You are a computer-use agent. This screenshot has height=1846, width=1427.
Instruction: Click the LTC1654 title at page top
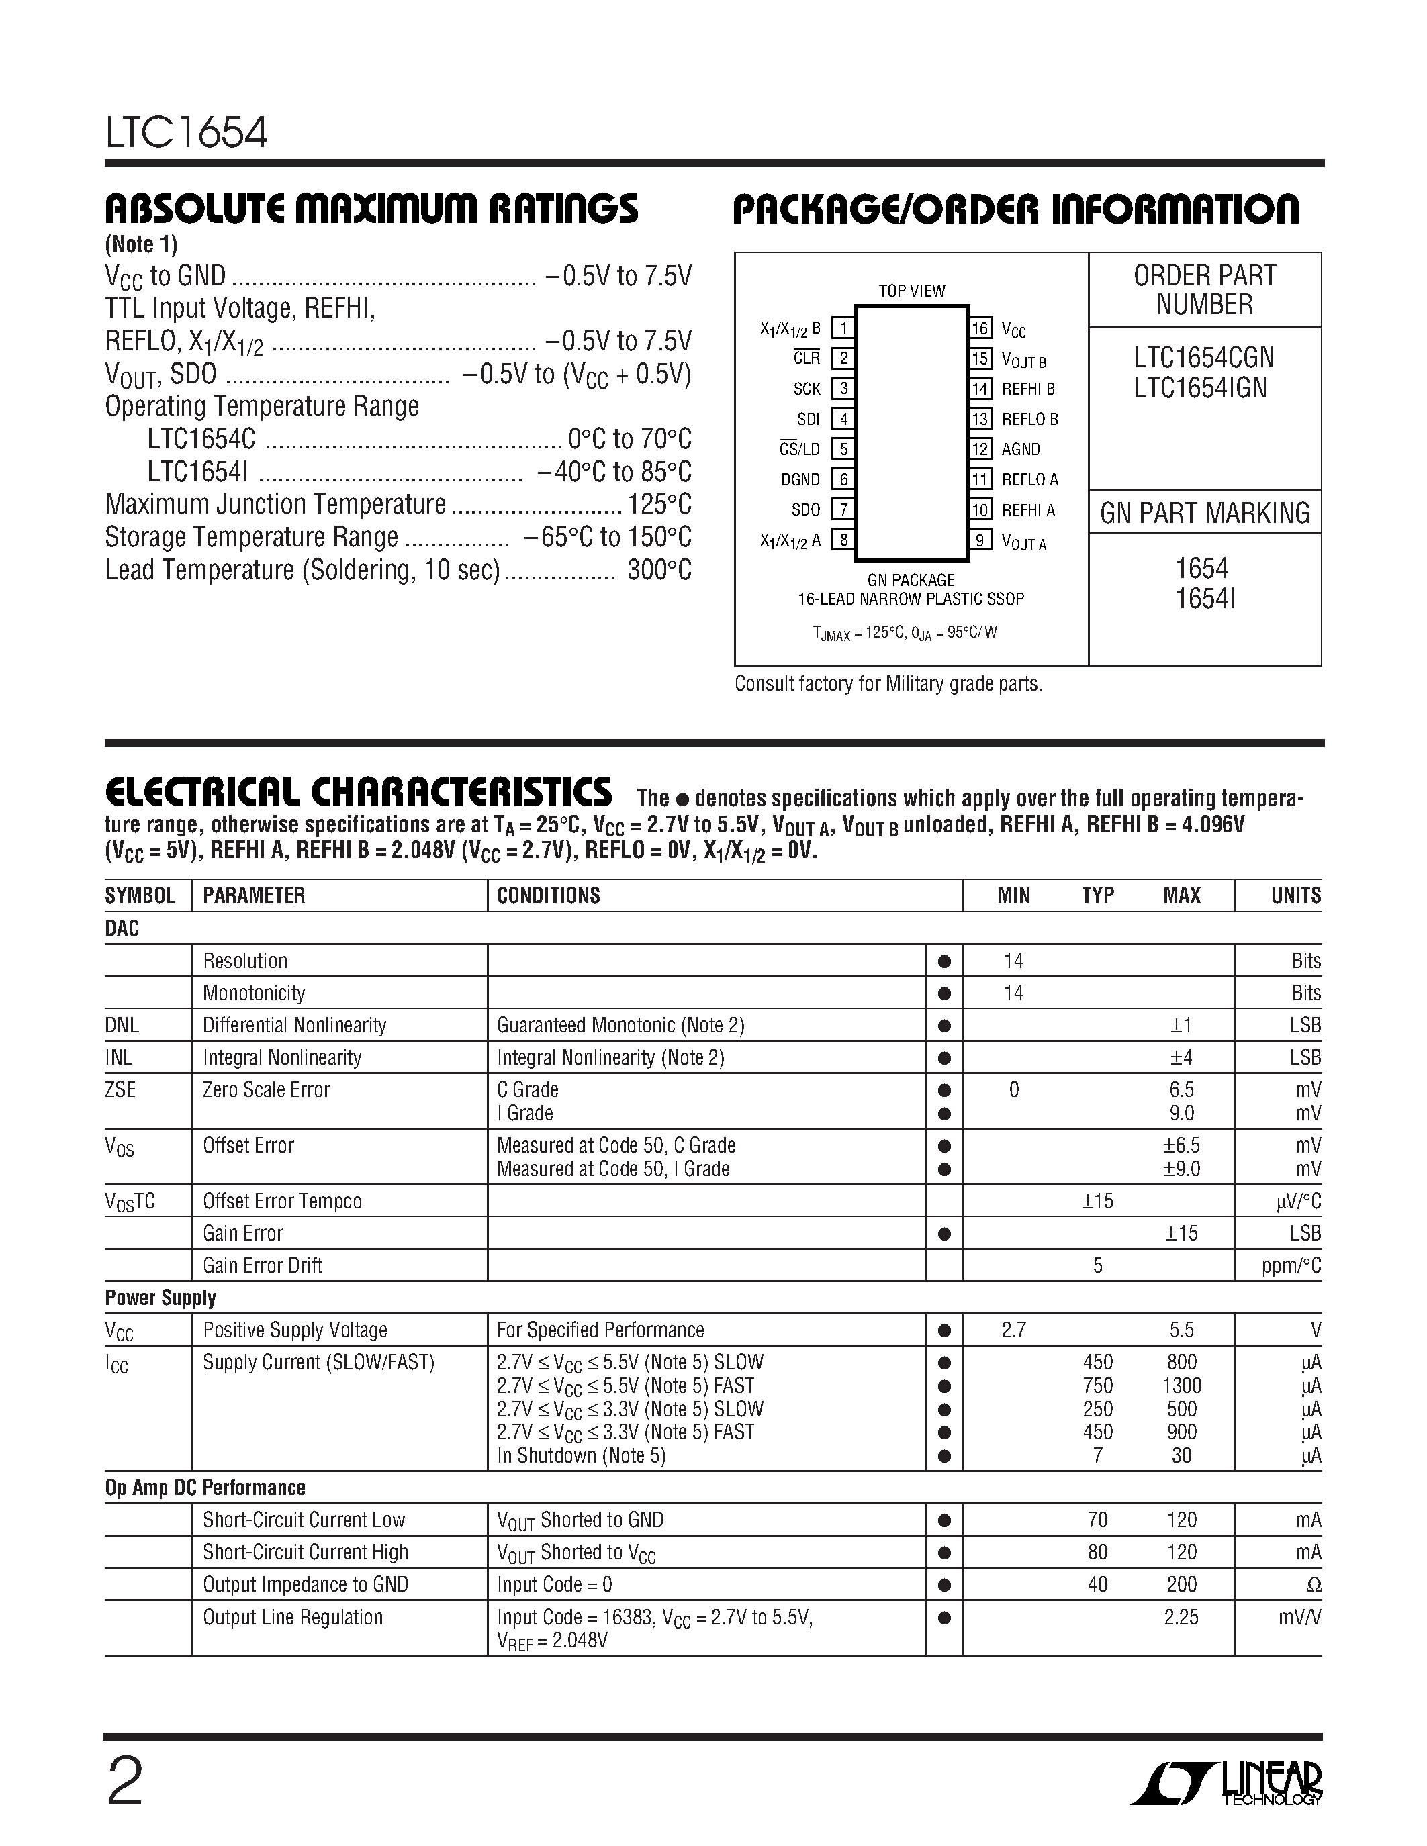(x=186, y=134)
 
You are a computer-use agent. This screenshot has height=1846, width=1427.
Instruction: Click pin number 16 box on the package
(x=980, y=328)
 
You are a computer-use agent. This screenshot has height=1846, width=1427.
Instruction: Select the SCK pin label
(x=807, y=389)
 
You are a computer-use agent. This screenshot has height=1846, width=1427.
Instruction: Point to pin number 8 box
(x=843, y=539)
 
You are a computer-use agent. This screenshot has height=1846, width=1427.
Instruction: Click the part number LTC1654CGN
(x=1204, y=358)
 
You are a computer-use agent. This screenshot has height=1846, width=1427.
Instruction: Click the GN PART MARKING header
(x=1204, y=513)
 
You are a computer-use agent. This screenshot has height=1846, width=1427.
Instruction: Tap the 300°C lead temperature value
(x=659, y=571)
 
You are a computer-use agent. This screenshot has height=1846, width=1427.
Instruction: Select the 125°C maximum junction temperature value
(x=659, y=505)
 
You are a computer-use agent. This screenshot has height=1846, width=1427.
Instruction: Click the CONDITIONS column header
(x=548, y=896)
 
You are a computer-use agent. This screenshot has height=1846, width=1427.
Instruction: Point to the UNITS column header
(x=1295, y=896)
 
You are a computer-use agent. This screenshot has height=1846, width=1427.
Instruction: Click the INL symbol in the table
(x=120, y=1057)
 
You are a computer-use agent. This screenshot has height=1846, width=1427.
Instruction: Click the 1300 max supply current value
(x=1181, y=1386)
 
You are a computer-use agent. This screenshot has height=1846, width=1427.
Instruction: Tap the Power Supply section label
(x=160, y=1298)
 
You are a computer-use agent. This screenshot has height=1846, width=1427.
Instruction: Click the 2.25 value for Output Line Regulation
(x=1181, y=1617)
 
